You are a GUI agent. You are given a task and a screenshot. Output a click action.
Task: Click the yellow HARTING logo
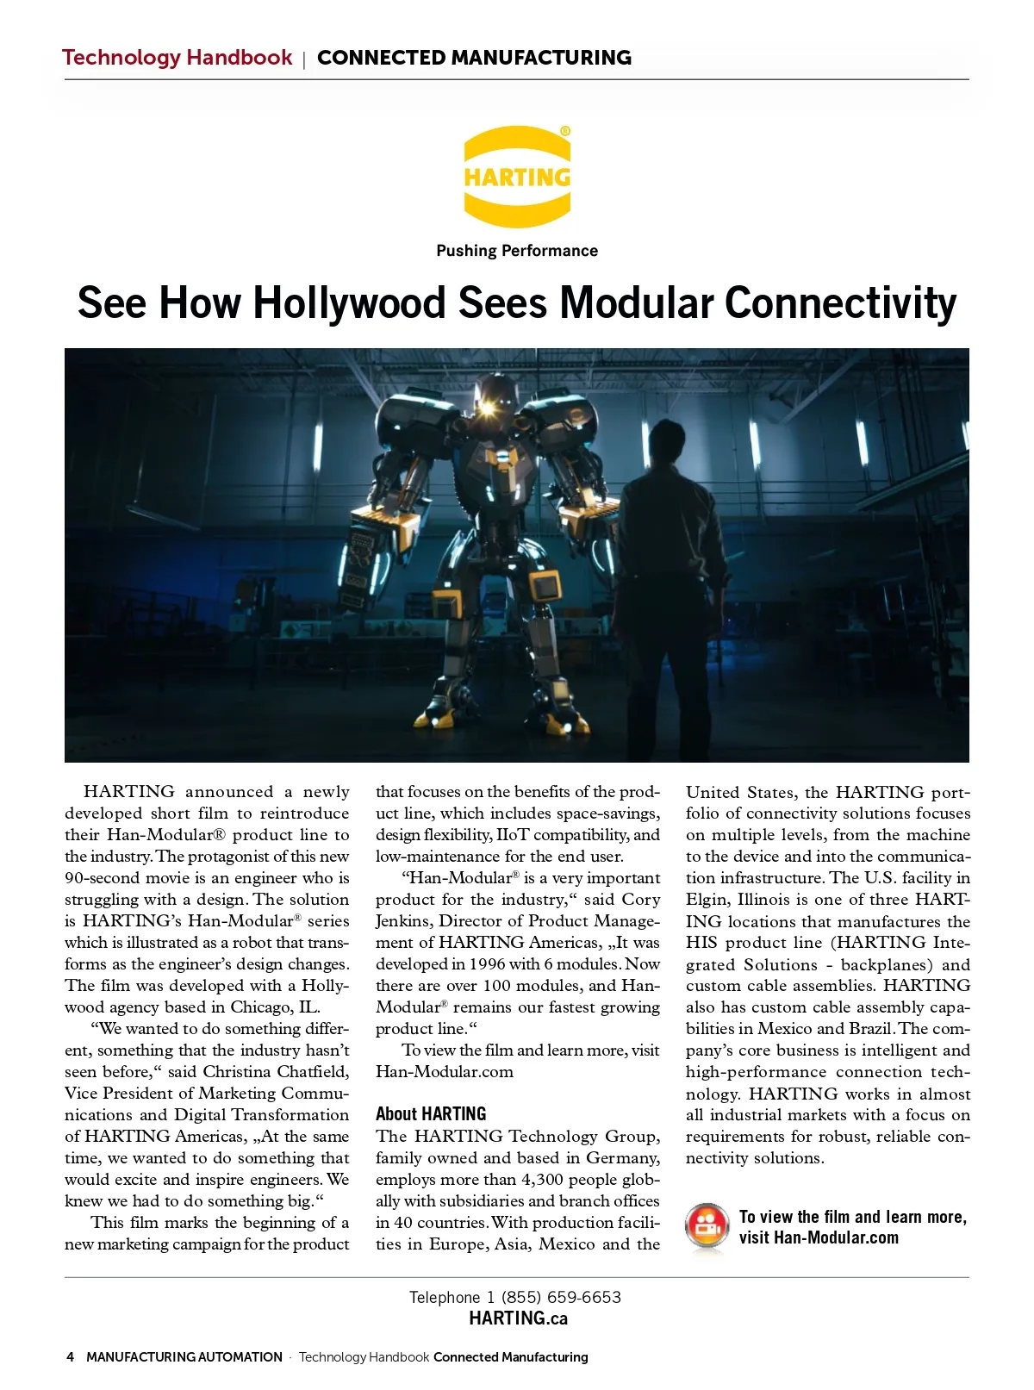[x=517, y=177]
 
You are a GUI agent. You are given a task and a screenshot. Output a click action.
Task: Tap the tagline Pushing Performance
[x=517, y=251]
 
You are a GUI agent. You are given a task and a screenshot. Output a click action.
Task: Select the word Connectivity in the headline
[x=840, y=303]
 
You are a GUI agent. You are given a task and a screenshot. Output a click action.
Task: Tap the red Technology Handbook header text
[x=178, y=58]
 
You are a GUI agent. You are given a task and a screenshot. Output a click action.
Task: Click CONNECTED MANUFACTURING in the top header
[x=474, y=58]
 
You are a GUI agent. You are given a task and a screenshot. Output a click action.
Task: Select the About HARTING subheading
[x=431, y=1113]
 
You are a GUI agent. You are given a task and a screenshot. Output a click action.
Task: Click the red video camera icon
[x=707, y=1226]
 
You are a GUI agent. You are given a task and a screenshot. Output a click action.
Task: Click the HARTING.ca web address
[x=518, y=1318]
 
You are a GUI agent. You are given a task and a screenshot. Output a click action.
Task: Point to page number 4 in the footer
[x=70, y=1356]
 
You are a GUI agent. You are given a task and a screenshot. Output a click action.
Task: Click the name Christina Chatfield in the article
[x=276, y=1072]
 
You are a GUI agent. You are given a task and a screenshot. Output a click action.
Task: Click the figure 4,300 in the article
[x=544, y=1180]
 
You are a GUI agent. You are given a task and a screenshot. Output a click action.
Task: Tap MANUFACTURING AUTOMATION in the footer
[x=184, y=1356]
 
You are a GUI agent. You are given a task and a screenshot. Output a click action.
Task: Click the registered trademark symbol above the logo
[x=564, y=131]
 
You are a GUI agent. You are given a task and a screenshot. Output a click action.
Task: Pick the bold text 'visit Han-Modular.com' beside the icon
[x=819, y=1237]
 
